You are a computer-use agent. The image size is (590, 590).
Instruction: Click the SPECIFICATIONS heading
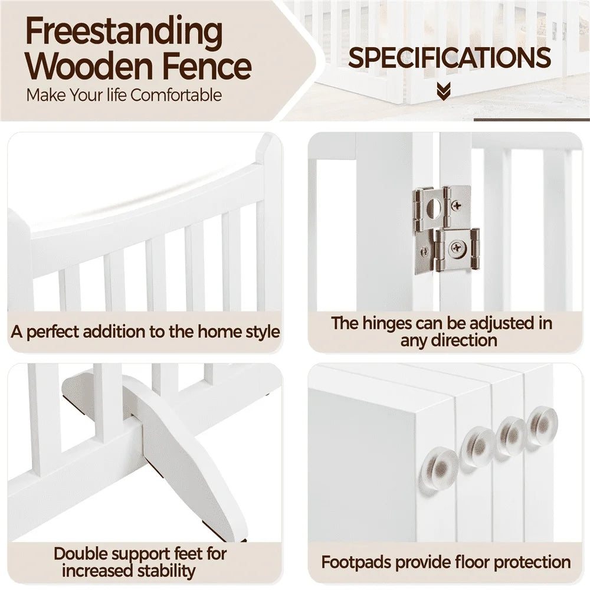pyautogui.click(x=449, y=58)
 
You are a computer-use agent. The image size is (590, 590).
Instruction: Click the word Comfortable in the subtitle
pyautogui.click(x=176, y=95)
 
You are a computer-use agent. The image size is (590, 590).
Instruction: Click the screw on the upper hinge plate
pyautogui.click(x=457, y=205)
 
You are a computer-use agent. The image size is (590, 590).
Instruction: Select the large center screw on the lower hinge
pyautogui.click(x=457, y=248)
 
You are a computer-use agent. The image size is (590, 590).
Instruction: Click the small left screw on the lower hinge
pyautogui.click(x=425, y=252)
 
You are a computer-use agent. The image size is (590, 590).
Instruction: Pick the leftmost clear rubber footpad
pyautogui.click(x=440, y=467)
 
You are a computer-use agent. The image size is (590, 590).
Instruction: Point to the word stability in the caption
pyautogui.click(x=167, y=571)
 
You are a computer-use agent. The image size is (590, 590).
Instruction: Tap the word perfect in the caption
pyautogui.click(x=53, y=332)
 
